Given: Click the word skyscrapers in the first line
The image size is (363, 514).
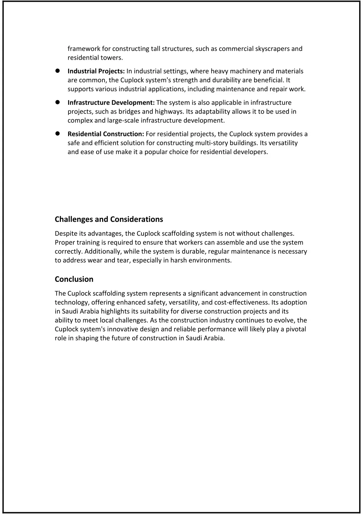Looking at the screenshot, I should click(272, 49).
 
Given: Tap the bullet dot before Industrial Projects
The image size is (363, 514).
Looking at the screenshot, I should click(57, 71).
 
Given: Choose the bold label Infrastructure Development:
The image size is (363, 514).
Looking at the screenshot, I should click(111, 103).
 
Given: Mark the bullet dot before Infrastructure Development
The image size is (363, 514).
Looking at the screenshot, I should click(57, 103).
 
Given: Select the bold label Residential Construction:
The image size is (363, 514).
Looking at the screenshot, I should click(106, 134).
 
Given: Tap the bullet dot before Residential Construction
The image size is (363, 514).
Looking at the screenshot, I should click(57, 134).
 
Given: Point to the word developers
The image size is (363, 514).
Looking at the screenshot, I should click(252, 152).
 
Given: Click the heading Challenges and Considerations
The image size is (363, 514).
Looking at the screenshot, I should click(109, 219).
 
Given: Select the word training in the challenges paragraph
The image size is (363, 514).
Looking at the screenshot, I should click(87, 242).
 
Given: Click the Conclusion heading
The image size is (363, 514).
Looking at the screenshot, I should click(74, 279).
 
